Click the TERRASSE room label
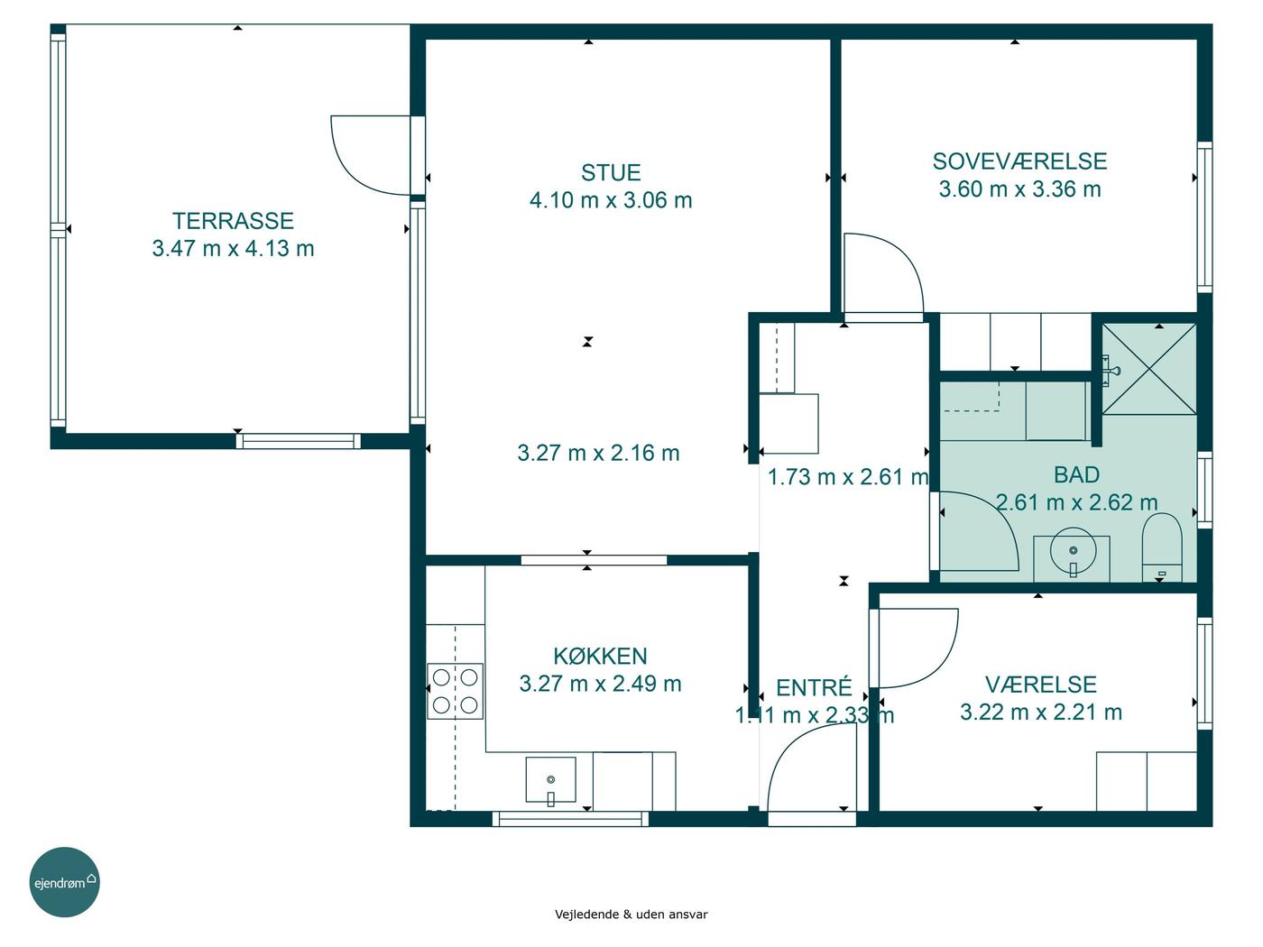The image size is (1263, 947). tap(233, 221)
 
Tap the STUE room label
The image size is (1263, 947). tap(611, 172)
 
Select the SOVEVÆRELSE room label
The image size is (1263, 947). tap(1019, 161)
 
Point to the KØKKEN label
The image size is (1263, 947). tap(600, 656)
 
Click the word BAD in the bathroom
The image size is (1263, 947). tap(1076, 475)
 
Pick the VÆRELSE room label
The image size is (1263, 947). tap(1041, 685)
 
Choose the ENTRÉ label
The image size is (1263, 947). tap(814, 687)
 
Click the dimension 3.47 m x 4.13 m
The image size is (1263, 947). tap(233, 248)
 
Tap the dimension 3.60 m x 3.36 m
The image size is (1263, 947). tap(1019, 189)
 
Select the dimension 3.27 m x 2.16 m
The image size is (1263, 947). tap(598, 453)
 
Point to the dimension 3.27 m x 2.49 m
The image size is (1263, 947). tap(600, 684)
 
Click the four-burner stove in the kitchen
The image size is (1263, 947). tap(455, 691)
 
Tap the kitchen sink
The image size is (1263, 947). tap(550, 780)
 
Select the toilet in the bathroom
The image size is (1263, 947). tap(1162, 547)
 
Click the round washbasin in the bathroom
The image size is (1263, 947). tap(1074, 551)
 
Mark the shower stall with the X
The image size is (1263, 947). tap(1148, 368)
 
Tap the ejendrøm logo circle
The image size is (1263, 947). tap(64, 882)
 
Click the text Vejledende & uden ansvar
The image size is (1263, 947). tap(631, 915)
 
